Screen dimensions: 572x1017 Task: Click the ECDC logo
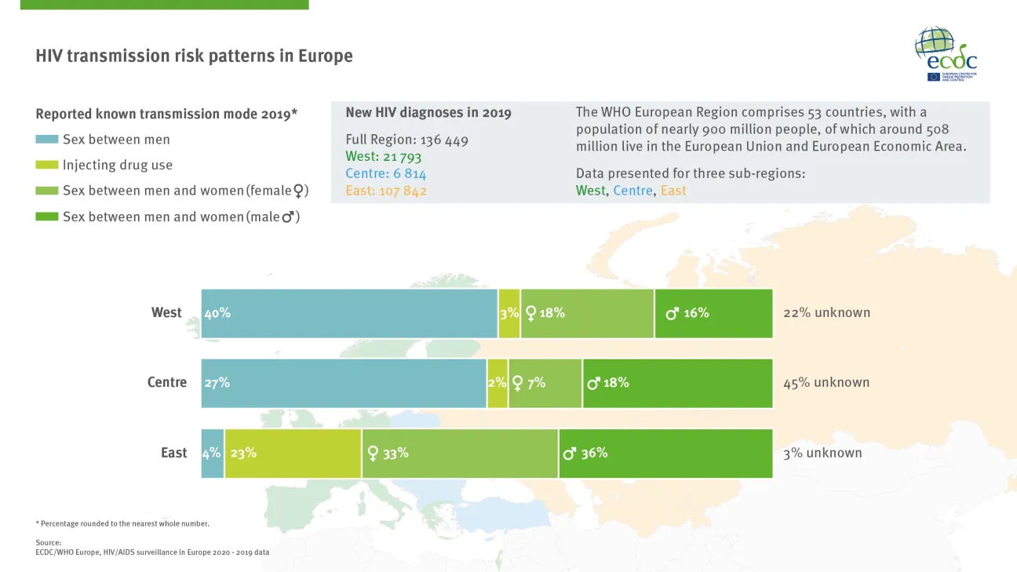tap(946, 53)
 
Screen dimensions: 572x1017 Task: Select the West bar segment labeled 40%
tap(349, 313)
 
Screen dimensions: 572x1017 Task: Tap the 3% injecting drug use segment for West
tap(509, 313)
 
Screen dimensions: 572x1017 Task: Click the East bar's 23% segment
tap(293, 454)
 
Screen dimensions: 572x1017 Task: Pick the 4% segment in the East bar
tap(213, 454)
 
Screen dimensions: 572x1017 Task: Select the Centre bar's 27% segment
tap(344, 383)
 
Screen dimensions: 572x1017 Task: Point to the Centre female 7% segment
tap(545, 383)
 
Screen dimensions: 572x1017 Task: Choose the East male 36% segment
tap(665, 454)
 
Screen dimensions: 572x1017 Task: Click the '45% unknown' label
tap(826, 383)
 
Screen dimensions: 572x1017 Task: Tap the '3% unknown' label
tap(822, 453)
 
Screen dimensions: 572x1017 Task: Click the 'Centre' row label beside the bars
tap(167, 383)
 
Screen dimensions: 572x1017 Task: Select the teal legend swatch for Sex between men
tap(47, 140)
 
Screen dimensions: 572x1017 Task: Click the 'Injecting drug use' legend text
tap(118, 166)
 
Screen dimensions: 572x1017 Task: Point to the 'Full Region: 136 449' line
tap(406, 140)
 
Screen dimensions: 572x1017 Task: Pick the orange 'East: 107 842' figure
tap(386, 191)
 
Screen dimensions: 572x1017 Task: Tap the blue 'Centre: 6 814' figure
tap(385, 174)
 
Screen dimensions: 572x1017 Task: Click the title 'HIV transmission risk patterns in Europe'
tap(194, 56)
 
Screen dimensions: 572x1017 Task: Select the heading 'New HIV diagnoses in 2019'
tap(428, 113)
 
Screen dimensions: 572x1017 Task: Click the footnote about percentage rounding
tap(122, 523)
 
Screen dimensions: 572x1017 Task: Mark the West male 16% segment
tap(713, 313)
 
